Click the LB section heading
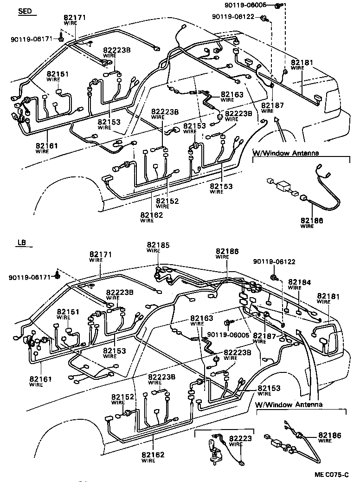21,243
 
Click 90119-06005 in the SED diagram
252,5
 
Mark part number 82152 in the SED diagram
167,201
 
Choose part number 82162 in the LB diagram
153,455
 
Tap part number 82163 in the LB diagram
201,319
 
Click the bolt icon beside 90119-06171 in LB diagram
58,274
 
